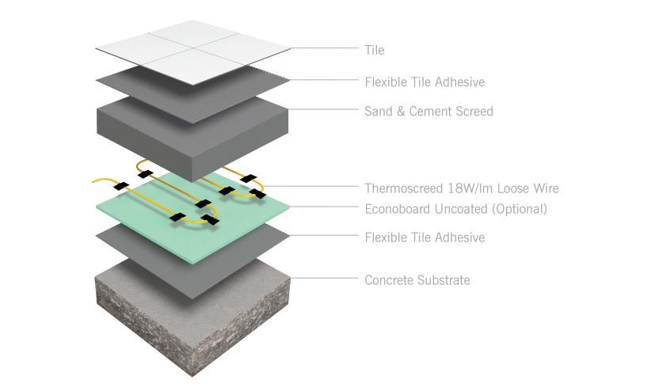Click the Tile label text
375,50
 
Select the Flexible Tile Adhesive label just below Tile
425,82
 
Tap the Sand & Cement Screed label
428,112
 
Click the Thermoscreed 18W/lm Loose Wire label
462,188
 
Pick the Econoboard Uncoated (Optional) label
455,209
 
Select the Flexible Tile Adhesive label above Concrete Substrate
425,237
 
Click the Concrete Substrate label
417,279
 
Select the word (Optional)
520,209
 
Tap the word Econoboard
396,209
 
